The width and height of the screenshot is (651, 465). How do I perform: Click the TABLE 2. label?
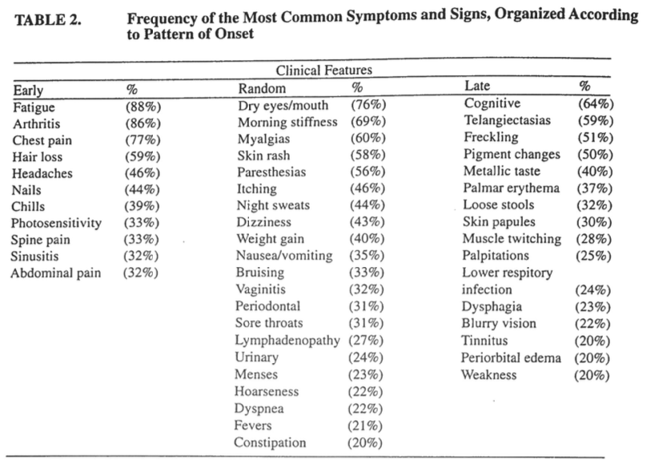coord(47,21)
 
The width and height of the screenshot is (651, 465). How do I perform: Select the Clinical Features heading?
coord(324,71)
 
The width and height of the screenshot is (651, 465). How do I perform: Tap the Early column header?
coord(28,89)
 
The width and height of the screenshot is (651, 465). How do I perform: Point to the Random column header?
coord(262,87)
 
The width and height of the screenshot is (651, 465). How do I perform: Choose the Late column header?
coord(477,86)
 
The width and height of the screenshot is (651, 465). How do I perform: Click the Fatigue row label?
coord(34,106)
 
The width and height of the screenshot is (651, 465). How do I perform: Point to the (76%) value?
coord(368,105)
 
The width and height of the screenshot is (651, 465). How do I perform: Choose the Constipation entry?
coord(270,443)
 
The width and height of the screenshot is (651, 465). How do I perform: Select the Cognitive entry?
coord(492,103)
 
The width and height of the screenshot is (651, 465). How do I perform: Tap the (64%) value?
coord(595,103)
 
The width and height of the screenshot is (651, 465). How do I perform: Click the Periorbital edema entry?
coord(511,358)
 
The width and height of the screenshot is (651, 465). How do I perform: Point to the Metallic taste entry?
coord(501,171)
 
